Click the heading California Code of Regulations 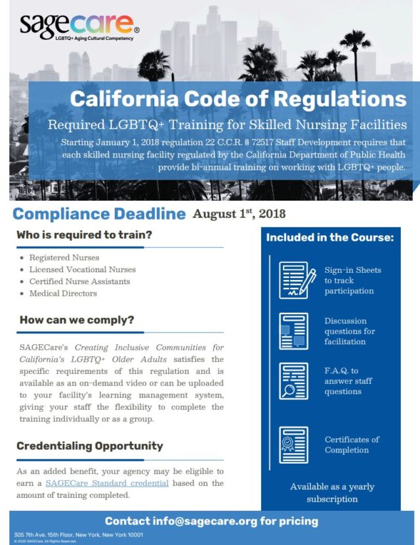coord(238,99)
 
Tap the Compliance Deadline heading coord(99,214)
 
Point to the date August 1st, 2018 coord(239,214)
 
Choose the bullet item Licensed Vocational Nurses coord(82,270)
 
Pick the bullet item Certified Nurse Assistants coord(79,281)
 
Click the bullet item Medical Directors coord(63,293)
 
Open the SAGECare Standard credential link coord(107,483)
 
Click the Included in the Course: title coord(329,237)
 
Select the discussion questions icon coord(293,331)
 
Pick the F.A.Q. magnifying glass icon coord(293,380)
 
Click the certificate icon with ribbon coord(293,445)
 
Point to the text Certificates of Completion coord(352,445)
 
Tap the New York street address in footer coord(78,535)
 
